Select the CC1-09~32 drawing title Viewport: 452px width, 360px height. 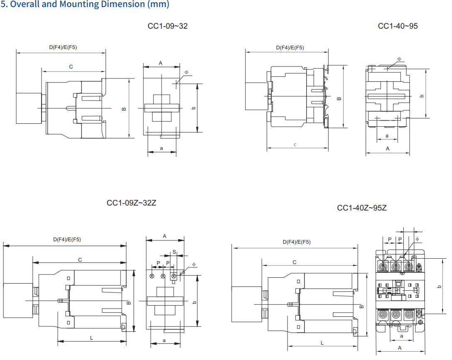click(167, 26)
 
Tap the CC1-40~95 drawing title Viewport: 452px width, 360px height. click(398, 26)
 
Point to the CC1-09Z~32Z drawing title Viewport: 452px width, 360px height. click(131, 203)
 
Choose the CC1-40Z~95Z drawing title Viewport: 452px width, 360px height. click(362, 208)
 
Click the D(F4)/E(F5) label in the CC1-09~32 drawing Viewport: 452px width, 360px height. click(63, 47)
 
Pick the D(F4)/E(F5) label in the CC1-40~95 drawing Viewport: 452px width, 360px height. click(290, 47)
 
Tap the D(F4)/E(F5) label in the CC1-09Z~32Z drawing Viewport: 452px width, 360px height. click(67, 239)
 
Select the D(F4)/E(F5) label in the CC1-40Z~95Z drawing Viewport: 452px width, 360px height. click(297, 242)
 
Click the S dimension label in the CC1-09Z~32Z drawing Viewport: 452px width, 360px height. click(174, 252)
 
